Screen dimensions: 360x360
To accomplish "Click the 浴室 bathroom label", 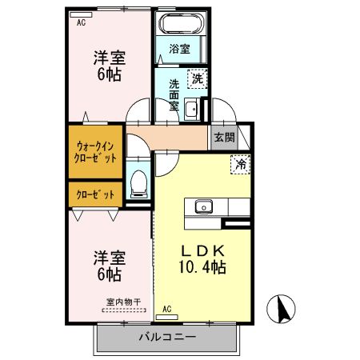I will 179,49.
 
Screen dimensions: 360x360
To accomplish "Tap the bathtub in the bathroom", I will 180,24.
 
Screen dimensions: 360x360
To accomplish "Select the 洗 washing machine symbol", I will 196,78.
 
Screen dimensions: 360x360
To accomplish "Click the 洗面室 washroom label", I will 174,94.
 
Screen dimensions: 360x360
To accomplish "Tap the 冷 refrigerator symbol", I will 238,165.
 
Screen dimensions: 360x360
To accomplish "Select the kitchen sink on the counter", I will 202,206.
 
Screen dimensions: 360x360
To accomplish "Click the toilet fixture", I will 138,182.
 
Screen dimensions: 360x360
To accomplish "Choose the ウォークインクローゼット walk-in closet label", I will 96,151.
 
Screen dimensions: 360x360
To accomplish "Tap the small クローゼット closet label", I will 94,194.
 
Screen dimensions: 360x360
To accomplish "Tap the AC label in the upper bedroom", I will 81,23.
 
